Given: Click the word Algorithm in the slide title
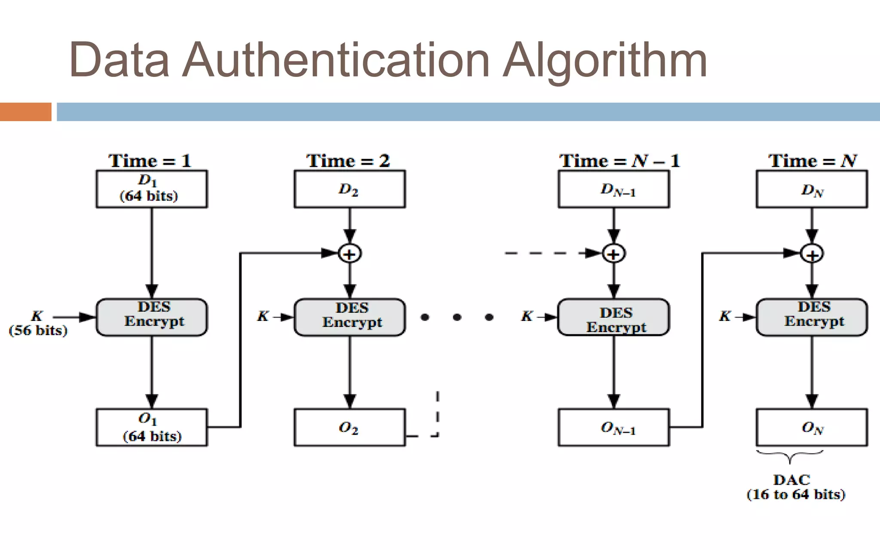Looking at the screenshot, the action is click(605, 60).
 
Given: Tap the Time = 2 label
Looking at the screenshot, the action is click(348, 161).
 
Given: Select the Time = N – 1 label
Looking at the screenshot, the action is click(619, 161).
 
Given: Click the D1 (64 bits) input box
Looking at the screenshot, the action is click(152, 189).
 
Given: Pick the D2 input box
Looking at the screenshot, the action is click(349, 189).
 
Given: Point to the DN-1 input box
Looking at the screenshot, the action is click(614, 189).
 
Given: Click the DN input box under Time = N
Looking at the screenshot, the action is click(812, 189).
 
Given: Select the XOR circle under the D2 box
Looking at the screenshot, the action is click(350, 254).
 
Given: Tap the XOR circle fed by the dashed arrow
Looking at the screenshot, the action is click(614, 254).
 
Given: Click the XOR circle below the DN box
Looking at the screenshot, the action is click(812, 254).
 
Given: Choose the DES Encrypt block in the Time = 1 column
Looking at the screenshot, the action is click(152, 317).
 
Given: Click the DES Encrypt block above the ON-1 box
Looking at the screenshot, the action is click(614, 317).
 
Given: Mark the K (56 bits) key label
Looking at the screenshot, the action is click(38, 323).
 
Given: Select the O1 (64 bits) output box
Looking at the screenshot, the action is click(152, 427).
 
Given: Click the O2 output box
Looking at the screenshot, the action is click(349, 427).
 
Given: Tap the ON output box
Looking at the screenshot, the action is click(812, 427).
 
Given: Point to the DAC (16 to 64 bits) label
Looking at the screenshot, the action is click(795, 487).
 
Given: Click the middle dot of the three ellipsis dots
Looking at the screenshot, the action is click(457, 317).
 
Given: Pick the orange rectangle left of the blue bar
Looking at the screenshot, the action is click(25, 112).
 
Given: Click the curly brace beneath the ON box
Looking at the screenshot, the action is click(790, 455).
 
